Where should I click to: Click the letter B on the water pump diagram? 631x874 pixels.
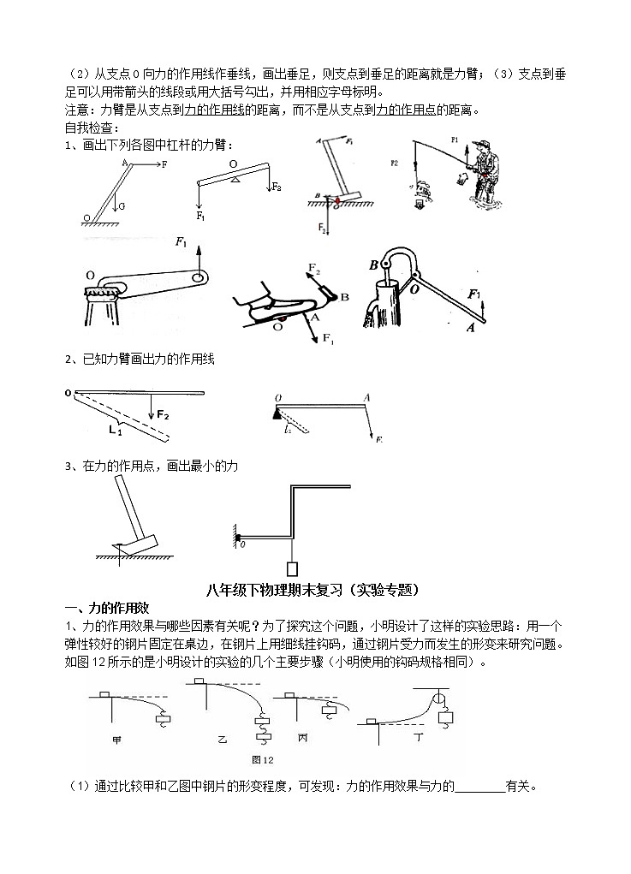[x=373, y=265]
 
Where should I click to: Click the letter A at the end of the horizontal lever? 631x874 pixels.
[x=366, y=397]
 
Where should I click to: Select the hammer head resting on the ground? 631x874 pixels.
[x=134, y=542]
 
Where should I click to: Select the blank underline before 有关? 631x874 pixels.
[x=479, y=788]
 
